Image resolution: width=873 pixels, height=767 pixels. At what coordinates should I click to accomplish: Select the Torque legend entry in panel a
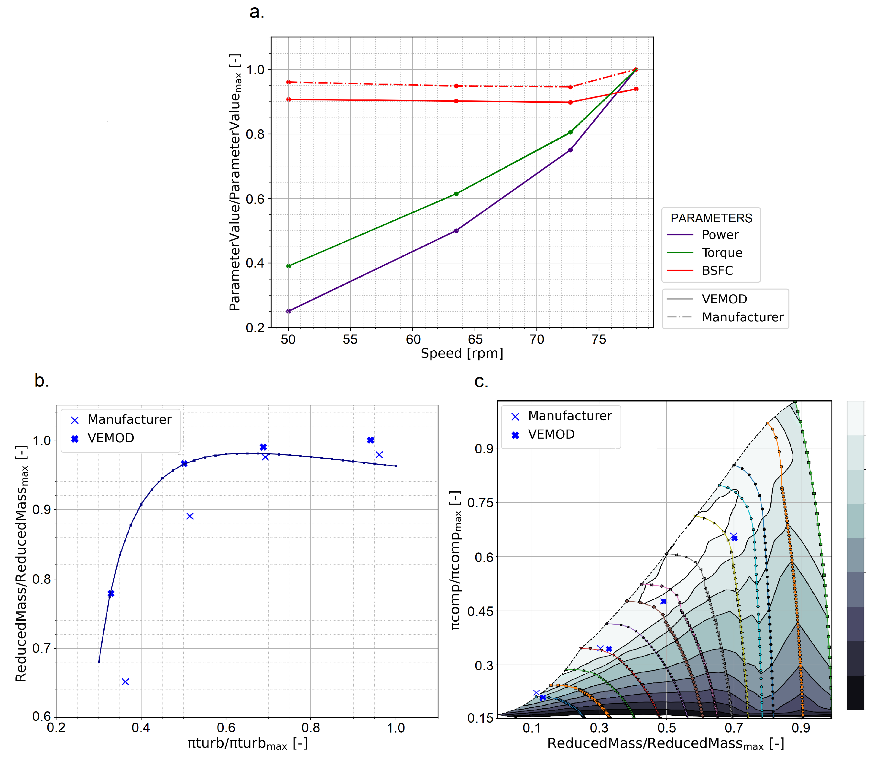pyautogui.click(x=721, y=253)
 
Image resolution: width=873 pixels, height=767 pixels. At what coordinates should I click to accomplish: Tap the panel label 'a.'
pyautogui.click(x=257, y=12)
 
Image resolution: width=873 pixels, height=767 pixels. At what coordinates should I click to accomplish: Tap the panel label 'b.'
pyautogui.click(x=42, y=380)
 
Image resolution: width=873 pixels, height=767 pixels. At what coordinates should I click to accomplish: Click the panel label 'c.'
pyautogui.click(x=481, y=381)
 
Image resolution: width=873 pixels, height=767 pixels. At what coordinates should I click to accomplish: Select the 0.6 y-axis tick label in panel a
pyautogui.click(x=255, y=199)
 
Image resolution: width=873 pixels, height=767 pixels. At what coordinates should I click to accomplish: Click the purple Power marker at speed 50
pyautogui.click(x=288, y=311)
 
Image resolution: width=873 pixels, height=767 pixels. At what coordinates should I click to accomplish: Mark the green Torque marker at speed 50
pyautogui.click(x=288, y=266)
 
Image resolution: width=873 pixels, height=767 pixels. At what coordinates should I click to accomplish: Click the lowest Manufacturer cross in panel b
pyautogui.click(x=125, y=681)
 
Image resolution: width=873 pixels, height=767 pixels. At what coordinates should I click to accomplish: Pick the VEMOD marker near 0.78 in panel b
pyautogui.click(x=111, y=594)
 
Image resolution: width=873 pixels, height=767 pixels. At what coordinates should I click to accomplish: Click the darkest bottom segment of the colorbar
pyautogui.click(x=855, y=693)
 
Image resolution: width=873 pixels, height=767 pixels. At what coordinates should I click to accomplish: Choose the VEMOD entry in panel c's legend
pyautogui.click(x=551, y=435)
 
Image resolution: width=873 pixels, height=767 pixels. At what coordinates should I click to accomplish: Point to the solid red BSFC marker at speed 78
pyautogui.click(x=636, y=89)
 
